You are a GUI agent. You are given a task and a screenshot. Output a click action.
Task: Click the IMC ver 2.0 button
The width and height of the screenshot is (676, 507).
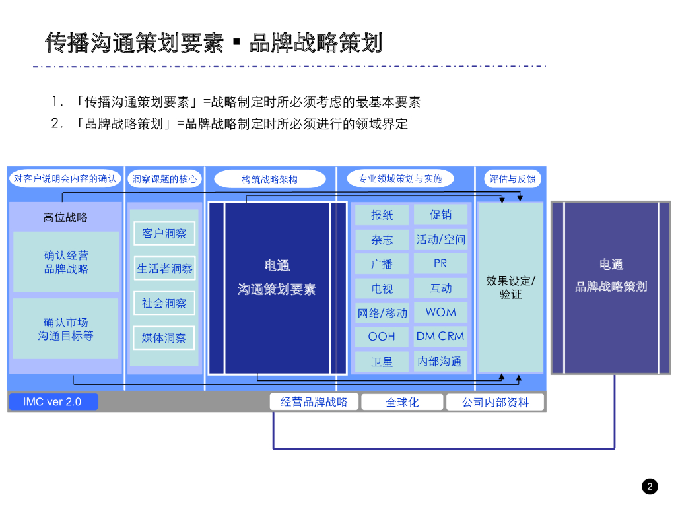(53, 402)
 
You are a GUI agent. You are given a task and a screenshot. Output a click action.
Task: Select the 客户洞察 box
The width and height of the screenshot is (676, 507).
(164, 233)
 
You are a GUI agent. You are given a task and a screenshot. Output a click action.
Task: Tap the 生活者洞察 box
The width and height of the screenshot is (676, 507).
(164, 269)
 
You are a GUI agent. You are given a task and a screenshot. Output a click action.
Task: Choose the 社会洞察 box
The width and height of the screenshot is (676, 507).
(164, 303)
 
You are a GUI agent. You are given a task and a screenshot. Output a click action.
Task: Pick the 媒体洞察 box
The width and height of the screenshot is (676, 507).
(164, 338)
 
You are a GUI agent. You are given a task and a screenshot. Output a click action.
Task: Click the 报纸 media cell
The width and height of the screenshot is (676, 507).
(382, 215)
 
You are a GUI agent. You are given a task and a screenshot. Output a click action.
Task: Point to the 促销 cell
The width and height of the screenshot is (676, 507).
(440, 215)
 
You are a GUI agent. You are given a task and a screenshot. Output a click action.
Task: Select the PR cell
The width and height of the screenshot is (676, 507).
(440, 263)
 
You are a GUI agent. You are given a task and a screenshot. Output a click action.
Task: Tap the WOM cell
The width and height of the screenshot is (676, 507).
(440, 312)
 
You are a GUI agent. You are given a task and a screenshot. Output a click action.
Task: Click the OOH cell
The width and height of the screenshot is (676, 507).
(382, 337)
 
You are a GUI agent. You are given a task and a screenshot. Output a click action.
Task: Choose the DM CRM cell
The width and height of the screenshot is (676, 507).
(440, 337)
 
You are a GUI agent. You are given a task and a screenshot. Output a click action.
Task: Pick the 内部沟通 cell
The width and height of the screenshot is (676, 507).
(440, 361)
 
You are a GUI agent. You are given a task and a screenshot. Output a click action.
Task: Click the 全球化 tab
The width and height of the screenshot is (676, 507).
(402, 402)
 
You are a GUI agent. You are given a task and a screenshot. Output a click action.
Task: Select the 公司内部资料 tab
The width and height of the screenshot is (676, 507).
(495, 402)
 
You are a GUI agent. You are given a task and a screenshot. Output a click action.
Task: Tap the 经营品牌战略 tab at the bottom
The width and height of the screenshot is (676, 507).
(314, 402)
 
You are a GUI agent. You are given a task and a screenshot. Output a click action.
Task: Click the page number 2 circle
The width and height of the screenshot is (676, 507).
(650, 487)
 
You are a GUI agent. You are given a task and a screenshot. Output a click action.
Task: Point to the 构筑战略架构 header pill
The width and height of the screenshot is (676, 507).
(270, 179)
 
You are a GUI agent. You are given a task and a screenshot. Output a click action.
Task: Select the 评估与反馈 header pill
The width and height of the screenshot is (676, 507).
(512, 179)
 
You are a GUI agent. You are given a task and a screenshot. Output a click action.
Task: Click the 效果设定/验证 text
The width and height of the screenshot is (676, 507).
(511, 287)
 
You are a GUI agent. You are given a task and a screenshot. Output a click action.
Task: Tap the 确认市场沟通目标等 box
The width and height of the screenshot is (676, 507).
(65, 329)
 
